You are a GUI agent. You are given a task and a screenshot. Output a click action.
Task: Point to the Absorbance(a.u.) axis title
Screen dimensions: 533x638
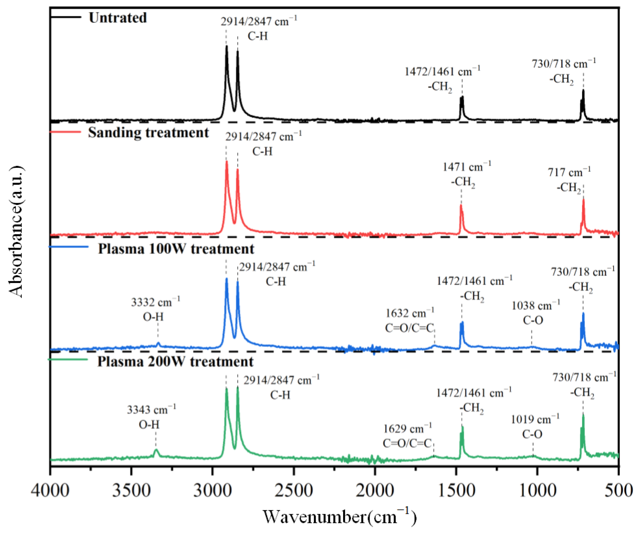click(x=16, y=232)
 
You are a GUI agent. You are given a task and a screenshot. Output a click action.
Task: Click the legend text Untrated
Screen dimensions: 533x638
click(x=118, y=18)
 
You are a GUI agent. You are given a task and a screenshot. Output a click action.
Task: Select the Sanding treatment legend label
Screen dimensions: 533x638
click(x=148, y=133)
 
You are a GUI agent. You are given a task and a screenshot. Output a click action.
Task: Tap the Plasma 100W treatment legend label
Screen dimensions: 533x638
click(x=176, y=249)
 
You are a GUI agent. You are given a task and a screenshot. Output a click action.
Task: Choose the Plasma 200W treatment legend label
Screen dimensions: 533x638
click(x=175, y=362)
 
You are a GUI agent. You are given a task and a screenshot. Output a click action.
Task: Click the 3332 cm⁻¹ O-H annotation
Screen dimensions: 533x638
click(x=155, y=309)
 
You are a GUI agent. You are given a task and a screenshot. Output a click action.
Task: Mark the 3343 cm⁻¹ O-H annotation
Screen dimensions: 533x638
click(x=151, y=417)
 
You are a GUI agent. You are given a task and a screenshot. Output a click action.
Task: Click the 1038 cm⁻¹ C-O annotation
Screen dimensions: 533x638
click(x=535, y=312)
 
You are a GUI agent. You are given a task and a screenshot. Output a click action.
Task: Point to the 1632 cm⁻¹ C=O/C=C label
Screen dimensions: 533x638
click(x=409, y=321)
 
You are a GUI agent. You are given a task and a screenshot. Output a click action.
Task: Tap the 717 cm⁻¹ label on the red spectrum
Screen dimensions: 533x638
click(x=569, y=180)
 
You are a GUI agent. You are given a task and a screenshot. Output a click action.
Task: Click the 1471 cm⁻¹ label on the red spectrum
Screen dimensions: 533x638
click(x=466, y=174)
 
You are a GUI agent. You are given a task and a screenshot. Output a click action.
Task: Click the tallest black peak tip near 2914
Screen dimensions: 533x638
click(x=227, y=46)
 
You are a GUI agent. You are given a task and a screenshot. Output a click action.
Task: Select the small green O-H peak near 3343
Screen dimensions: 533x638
click(x=156, y=449)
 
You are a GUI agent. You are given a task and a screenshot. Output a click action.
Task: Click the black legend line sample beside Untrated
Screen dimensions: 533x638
click(x=66, y=17)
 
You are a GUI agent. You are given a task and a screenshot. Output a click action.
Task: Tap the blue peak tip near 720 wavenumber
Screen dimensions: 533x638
click(x=583, y=313)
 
